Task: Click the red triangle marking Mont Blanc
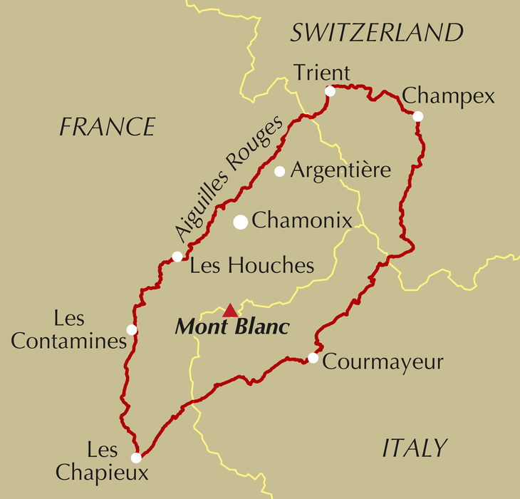[x=230, y=310]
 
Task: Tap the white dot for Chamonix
[x=241, y=222]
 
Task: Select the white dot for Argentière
[x=280, y=171]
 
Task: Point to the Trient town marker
[x=330, y=91]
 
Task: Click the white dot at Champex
[x=418, y=116]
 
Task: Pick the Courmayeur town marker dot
[x=313, y=358]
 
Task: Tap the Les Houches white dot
[x=177, y=257]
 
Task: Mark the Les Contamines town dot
[x=132, y=329]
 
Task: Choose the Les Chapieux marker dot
[x=136, y=458]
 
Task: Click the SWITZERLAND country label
[x=377, y=33]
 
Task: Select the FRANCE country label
[x=107, y=127]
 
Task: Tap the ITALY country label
[x=415, y=448]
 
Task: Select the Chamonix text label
[x=302, y=221]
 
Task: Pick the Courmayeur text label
[x=383, y=362]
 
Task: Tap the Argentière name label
[x=340, y=170]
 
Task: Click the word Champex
[x=448, y=96]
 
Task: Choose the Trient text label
[x=322, y=73]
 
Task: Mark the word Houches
[x=271, y=266]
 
